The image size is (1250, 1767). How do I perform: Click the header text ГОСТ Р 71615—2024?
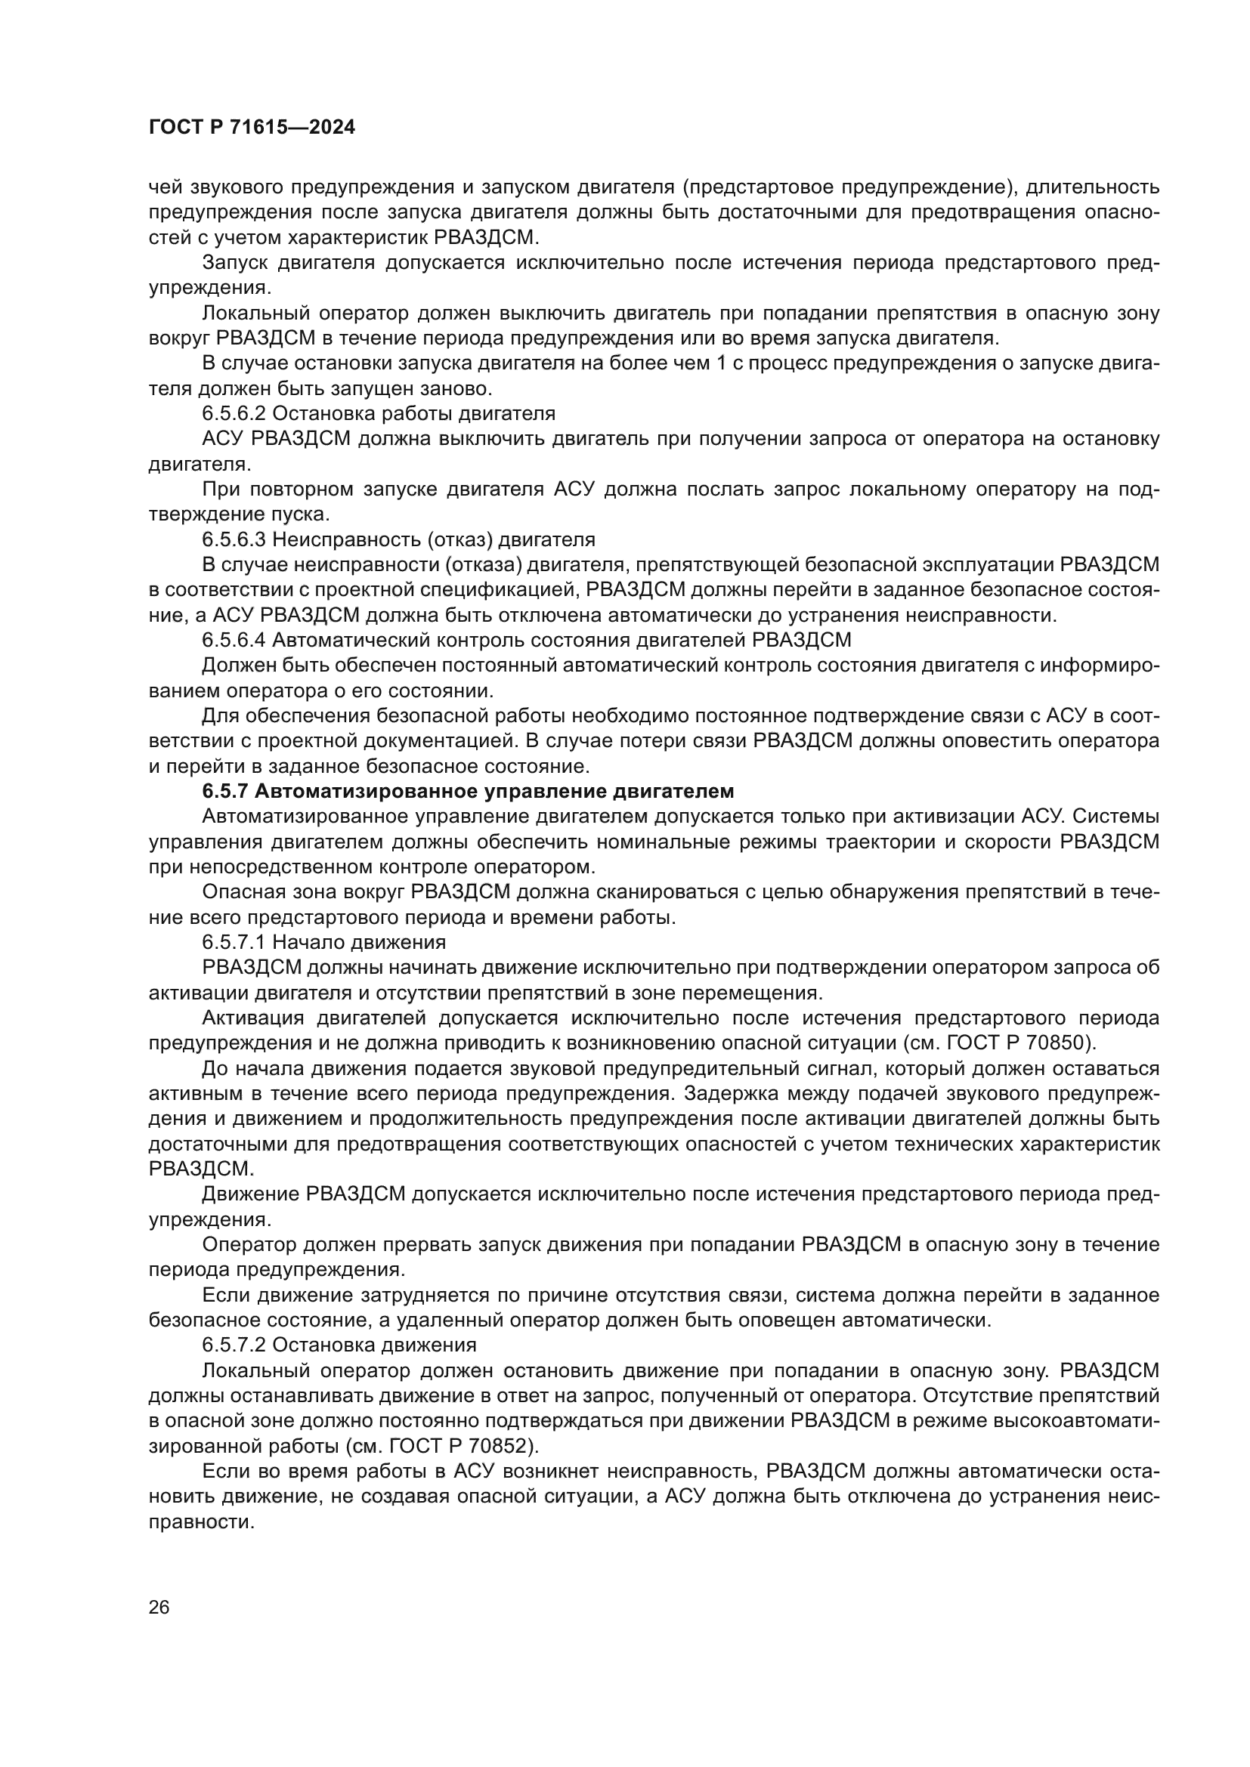[252, 128]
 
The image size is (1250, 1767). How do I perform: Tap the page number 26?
[159, 1607]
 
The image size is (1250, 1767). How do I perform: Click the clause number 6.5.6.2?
[234, 413]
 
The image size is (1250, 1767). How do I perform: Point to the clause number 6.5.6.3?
[234, 539]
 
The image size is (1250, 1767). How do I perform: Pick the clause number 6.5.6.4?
[234, 640]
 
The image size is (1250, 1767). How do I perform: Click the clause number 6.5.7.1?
[234, 942]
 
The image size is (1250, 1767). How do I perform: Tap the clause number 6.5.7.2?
[234, 1345]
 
